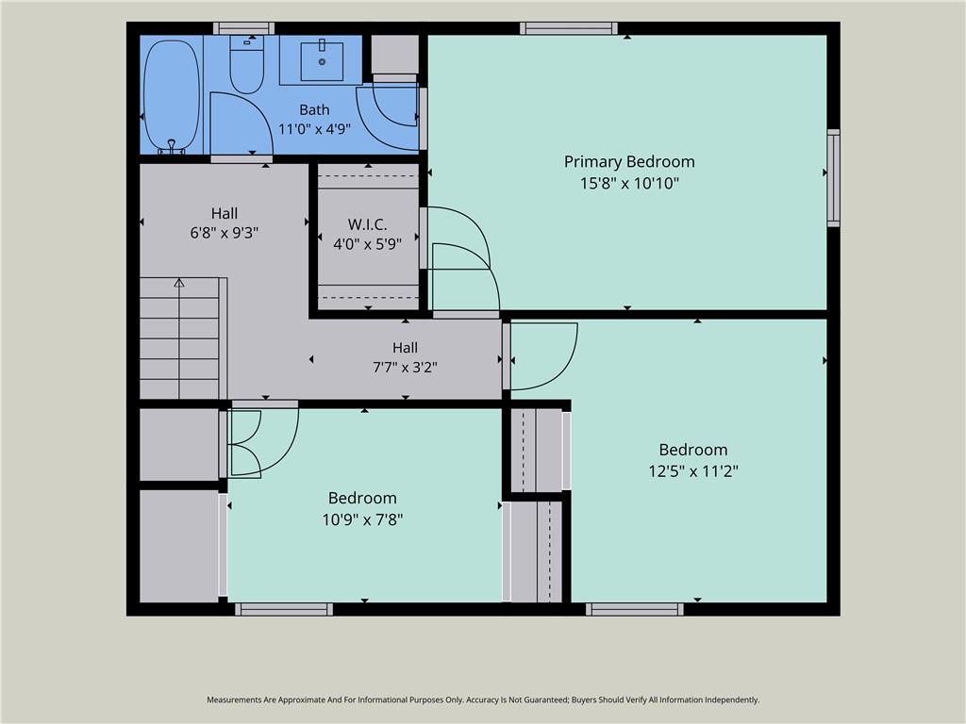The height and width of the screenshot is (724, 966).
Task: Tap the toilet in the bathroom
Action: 246,65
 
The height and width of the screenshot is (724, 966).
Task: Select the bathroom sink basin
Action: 322,61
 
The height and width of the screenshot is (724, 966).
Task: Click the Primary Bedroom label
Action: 629,162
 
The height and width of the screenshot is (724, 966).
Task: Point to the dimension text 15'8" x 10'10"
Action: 629,183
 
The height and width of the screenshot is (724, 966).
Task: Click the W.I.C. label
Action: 367,224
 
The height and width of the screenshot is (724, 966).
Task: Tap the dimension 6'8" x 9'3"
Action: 225,233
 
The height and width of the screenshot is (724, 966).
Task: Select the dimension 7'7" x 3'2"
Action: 405,367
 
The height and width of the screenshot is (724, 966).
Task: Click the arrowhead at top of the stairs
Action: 179,283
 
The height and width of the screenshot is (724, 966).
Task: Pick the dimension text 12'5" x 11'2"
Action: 693,471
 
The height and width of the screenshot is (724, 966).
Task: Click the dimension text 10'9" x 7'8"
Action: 362,519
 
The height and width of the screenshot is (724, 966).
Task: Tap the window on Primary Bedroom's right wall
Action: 833,178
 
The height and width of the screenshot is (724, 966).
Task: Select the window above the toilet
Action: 244,28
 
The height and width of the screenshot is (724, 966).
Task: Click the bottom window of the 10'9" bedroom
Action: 284,610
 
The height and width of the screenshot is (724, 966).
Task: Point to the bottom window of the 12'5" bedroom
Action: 635,610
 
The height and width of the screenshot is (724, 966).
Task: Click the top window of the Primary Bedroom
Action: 569,28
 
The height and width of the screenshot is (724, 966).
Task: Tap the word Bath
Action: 314,109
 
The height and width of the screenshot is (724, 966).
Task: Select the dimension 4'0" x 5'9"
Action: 367,244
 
